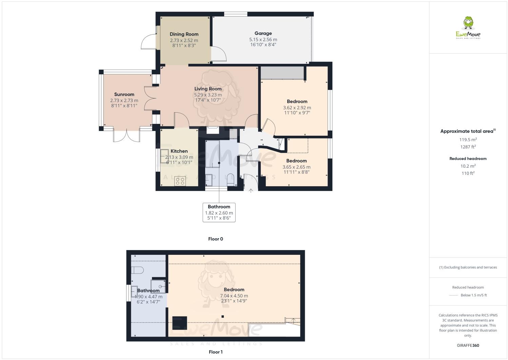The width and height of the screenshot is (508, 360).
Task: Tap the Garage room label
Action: coord(263,33)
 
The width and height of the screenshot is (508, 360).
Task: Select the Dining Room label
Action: coord(184,34)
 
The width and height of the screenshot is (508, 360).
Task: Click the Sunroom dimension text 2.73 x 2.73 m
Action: coord(124,100)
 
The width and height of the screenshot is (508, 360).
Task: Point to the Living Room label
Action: coord(208,89)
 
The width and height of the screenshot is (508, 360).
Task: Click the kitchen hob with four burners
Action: coord(180,182)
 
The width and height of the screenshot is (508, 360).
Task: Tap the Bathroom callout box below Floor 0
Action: coord(219,212)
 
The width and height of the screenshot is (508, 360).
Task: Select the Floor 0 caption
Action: coord(215,239)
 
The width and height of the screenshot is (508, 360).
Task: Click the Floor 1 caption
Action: coord(215,352)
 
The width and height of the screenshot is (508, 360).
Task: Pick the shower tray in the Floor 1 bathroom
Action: coord(158,286)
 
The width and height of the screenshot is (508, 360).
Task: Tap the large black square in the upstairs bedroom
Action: coord(179,323)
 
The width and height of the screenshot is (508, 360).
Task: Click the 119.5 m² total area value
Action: coord(468,139)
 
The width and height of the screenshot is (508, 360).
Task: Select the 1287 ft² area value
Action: coord(468,147)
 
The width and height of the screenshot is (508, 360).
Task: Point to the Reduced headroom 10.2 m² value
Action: coord(468,166)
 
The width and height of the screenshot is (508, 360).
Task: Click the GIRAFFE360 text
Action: coord(468,345)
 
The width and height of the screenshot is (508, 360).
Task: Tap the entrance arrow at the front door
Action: coord(251,191)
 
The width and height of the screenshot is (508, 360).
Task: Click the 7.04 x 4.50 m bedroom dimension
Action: coord(234,296)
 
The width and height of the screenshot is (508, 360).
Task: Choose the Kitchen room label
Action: coord(179,151)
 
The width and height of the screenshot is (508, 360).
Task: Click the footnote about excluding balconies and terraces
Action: coord(468,267)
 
